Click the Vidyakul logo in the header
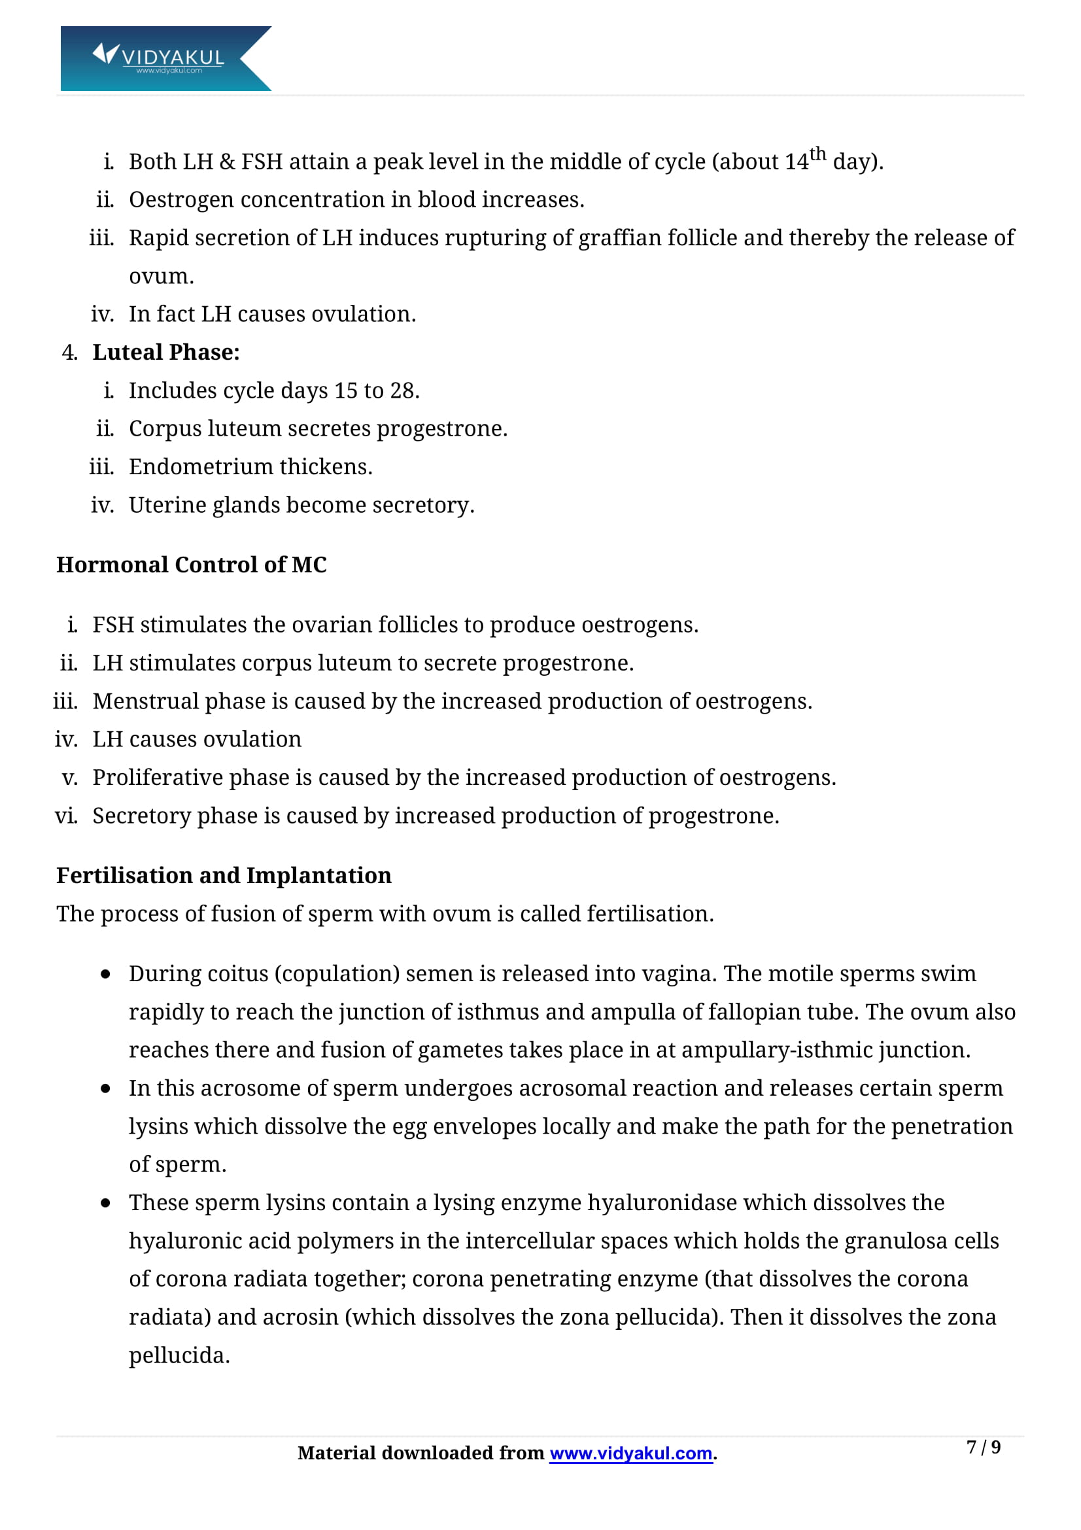[165, 58]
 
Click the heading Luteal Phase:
[166, 352]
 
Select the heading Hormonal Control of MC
[191, 565]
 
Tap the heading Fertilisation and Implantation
[224, 875]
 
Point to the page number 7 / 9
[983, 1447]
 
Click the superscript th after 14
[817, 154]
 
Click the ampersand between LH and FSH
[227, 162]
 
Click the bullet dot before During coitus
[105, 974]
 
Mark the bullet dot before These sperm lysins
[105, 1203]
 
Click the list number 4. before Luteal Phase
[69, 353]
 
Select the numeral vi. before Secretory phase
[66, 816]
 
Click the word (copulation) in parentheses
[336, 973]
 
